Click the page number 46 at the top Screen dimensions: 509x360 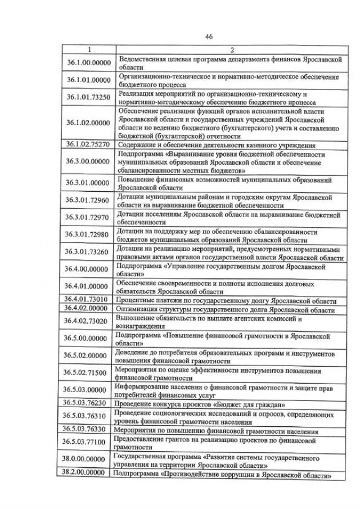point(209,37)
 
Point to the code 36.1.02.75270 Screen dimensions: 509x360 point(88,145)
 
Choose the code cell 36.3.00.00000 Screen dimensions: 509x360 point(88,161)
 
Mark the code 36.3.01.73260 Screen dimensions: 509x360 point(88,251)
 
